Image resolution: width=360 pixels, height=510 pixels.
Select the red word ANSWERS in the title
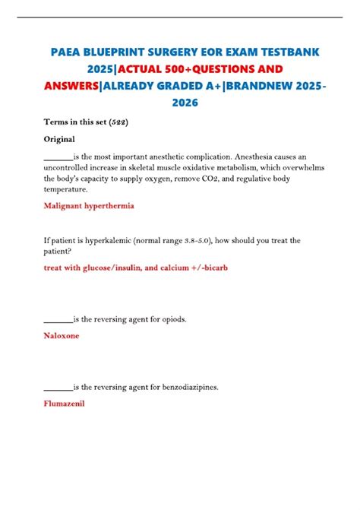coord(70,86)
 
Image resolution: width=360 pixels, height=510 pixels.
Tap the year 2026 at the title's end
coord(179,103)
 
